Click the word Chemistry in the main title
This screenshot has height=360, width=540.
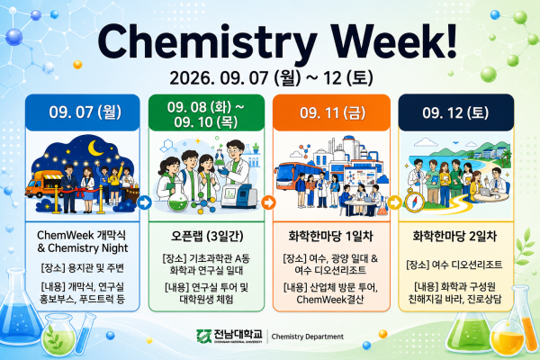207,43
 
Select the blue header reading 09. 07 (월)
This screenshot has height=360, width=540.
83,112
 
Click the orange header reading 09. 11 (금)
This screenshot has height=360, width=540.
331,112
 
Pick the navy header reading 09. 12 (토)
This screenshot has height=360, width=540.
456,112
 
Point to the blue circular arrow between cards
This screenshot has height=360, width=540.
144,202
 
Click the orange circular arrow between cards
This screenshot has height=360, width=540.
268,202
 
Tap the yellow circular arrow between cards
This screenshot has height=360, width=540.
395,202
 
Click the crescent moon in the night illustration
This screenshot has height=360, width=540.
95,148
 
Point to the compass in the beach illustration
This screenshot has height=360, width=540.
414,201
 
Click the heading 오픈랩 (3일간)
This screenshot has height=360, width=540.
207,236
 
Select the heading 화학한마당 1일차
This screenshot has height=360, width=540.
330,236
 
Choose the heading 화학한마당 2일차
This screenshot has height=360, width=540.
454,236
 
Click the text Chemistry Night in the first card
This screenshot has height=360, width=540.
88,248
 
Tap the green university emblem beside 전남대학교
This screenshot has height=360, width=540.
204,336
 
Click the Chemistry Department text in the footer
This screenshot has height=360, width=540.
308,337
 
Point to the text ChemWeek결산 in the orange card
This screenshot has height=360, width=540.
330,300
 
